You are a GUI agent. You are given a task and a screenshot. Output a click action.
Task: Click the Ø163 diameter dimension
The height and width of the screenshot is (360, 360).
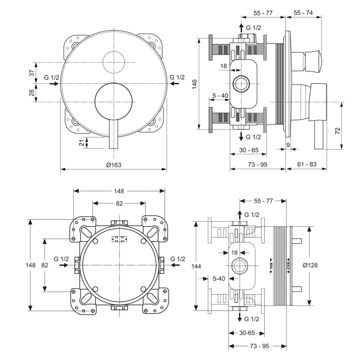click(x=114, y=165)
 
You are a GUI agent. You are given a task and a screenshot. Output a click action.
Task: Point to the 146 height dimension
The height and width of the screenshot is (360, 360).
click(x=195, y=85)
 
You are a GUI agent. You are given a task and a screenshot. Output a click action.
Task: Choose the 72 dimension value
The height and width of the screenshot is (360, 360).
click(x=337, y=131)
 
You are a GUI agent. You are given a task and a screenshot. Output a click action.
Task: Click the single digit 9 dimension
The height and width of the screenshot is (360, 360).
click(x=288, y=146)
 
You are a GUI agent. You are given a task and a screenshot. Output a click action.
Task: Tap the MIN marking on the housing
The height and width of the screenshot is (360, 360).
click(x=272, y=265)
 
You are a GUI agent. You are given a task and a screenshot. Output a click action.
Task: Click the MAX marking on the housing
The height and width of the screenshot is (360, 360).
click(x=289, y=265)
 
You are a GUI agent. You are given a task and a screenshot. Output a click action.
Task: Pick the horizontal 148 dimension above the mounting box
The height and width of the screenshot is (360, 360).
click(x=119, y=191)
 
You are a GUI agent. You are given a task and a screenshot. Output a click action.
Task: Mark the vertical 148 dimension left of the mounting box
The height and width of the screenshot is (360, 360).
click(x=31, y=265)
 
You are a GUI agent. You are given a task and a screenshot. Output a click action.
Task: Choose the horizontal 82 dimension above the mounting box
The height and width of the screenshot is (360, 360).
click(x=119, y=204)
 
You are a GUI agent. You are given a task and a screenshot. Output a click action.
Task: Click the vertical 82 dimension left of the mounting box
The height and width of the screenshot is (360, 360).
click(x=45, y=265)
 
